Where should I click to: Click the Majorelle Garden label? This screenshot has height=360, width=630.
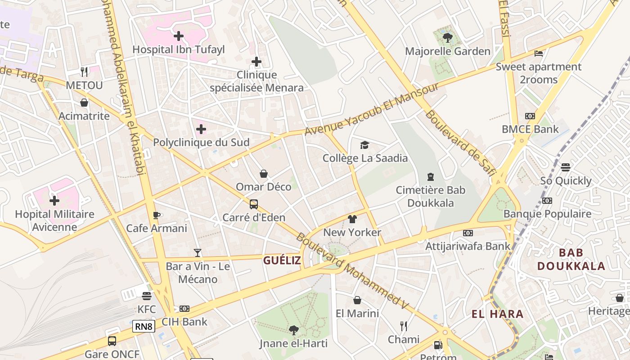pos(447,51)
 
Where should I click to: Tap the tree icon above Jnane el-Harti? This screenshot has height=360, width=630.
pos(293,330)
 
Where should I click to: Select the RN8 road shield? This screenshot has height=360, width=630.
pos(144,326)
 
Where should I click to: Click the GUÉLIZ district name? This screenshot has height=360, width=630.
pos(282,261)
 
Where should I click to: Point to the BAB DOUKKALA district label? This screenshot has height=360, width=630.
pos(571,259)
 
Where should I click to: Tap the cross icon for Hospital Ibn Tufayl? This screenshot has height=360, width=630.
pos(179,36)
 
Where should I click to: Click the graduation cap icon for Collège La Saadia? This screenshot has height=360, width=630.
pos(364,145)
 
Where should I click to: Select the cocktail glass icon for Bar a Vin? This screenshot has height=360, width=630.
pos(198,253)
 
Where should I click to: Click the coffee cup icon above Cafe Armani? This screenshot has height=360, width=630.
pos(157,215)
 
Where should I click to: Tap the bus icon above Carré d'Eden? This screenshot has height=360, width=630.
pos(254,204)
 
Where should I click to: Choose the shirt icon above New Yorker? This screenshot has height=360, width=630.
pos(352,219)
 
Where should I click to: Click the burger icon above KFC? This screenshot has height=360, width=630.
pos(147,296)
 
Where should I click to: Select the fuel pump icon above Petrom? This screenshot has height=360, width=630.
pos(438,345)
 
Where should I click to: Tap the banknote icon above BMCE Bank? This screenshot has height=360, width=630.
pos(530,116)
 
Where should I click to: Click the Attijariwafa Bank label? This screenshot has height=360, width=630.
pos(468,246)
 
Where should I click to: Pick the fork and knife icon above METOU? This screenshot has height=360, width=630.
pos(84,72)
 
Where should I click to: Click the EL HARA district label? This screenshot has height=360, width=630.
pos(498,314)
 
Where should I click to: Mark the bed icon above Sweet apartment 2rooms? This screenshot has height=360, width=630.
pos(539,54)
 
